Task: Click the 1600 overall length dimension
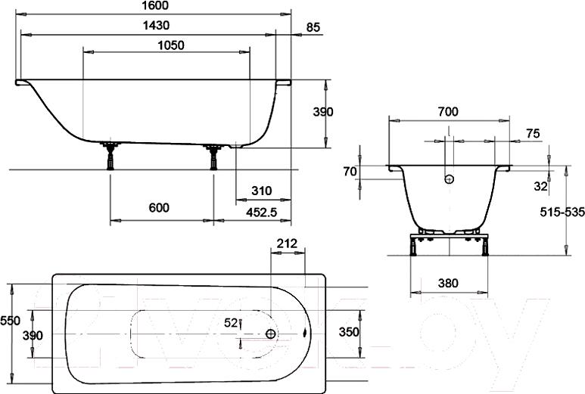click(156, 5)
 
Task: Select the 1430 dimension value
click(156, 26)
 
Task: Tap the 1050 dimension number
click(171, 45)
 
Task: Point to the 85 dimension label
click(313, 27)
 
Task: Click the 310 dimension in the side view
click(262, 191)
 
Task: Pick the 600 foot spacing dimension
click(159, 208)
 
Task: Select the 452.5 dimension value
click(262, 212)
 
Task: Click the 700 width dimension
click(448, 111)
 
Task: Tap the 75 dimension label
click(533, 133)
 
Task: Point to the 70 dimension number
click(350, 172)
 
